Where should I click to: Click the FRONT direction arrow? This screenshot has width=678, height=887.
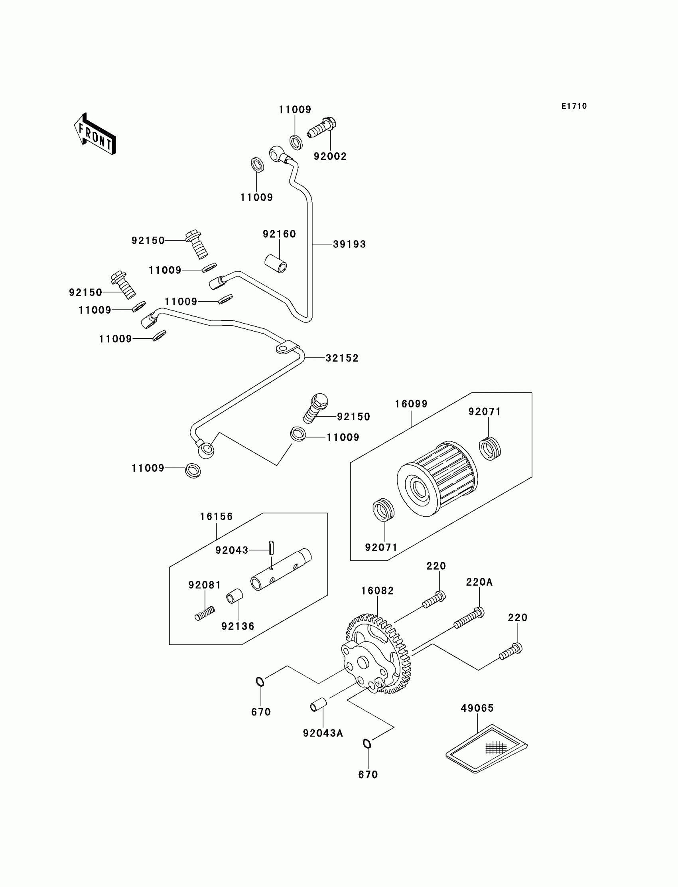coord(95,134)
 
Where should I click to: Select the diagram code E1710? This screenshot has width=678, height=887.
coord(574,106)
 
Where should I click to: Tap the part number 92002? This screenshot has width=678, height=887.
coord(330,156)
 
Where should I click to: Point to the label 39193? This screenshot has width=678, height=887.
coord(349,244)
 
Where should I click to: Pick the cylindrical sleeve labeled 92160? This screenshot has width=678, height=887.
coord(276,263)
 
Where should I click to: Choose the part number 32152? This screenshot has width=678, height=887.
coord(342,358)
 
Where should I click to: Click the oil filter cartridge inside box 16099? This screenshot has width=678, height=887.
coord(438,478)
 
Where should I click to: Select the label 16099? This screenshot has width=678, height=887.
coord(411,404)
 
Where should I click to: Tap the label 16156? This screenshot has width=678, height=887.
coord(216,516)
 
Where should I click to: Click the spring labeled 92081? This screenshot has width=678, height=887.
coord(205,614)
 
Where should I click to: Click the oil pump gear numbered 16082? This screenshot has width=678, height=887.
coord(377,654)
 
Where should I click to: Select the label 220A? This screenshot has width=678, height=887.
coord(479,582)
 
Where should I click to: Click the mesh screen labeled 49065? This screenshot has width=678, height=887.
coord(487,749)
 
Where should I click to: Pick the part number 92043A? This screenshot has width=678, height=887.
coord(323,733)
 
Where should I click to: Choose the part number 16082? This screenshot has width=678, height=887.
coord(377,591)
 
